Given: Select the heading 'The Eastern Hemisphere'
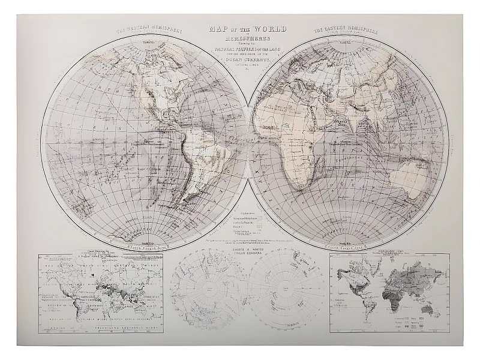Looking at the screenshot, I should pyautogui.click(x=344, y=29).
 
